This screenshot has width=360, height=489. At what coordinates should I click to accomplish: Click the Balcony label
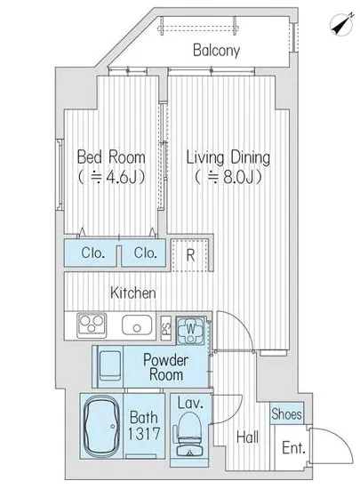[216, 50]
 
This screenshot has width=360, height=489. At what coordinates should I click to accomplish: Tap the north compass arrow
[342, 24]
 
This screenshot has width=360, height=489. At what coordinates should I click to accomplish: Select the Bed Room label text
[111, 157]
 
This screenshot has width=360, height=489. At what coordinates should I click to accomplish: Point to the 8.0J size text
[228, 178]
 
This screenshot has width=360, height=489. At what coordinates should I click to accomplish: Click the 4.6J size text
[112, 178]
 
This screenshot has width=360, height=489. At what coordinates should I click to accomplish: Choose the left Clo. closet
[91, 253]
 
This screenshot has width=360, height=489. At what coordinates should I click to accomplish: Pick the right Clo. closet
[143, 253]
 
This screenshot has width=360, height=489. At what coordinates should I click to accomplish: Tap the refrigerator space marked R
[190, 255]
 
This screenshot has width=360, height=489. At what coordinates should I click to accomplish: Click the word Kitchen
[133, 293]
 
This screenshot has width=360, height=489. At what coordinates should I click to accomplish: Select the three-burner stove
[92, 325]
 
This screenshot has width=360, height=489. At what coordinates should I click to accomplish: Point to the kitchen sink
[137, 325]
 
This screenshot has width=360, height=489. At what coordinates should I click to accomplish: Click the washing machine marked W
[191, 331]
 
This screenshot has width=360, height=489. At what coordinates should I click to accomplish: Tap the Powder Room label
[166, 367]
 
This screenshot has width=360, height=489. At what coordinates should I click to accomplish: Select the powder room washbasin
[109, 365]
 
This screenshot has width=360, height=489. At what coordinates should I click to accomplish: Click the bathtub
[102, 426]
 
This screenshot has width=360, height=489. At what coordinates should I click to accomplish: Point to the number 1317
[144, 434]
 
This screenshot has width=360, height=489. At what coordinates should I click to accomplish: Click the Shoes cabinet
[286, 413]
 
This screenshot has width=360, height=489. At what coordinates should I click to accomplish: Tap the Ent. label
[293, 448]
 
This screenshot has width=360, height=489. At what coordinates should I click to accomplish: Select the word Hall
[247, 437]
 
